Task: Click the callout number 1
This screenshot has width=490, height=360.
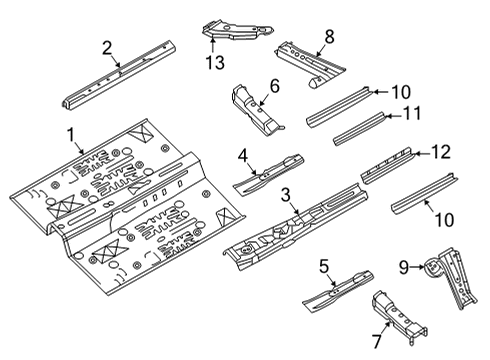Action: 71,134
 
